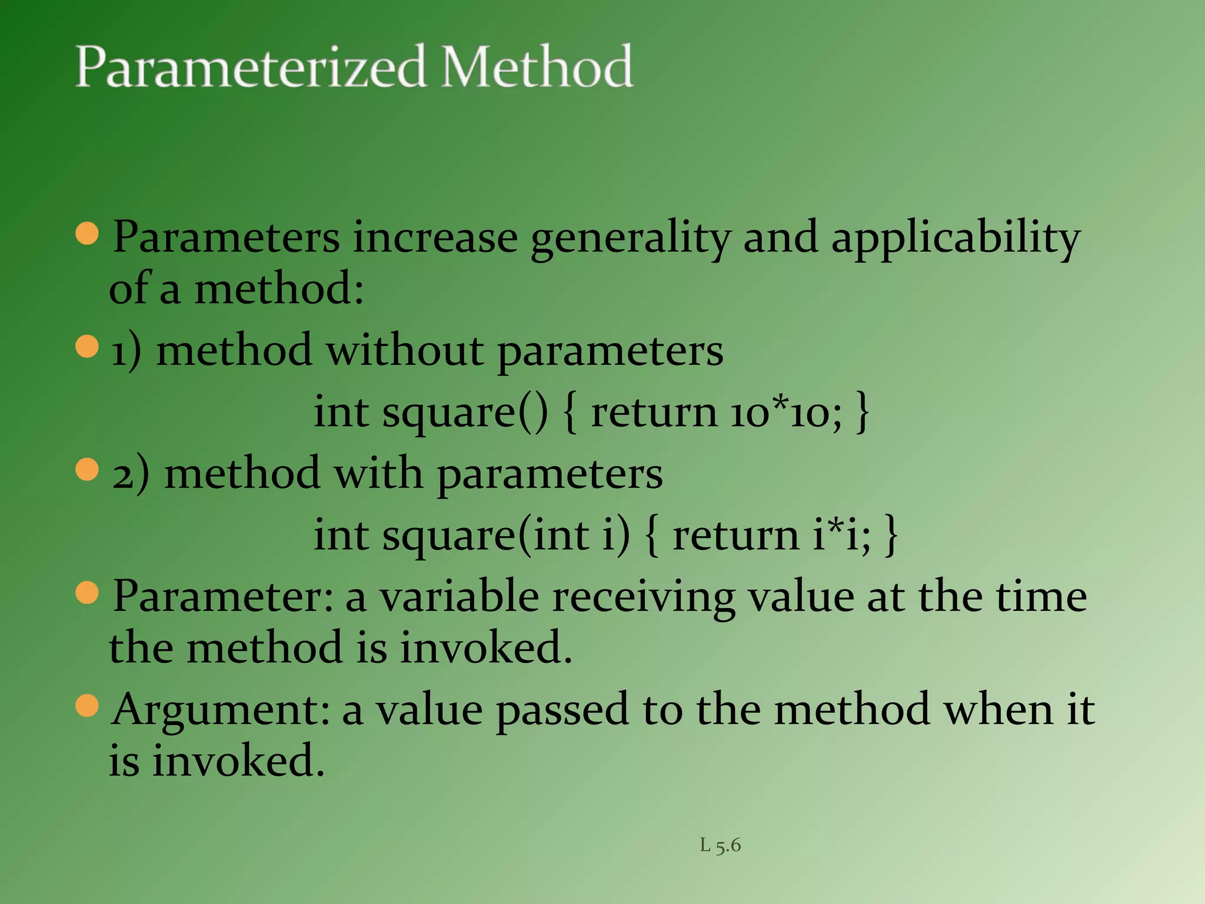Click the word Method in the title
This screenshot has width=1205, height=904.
(x=537, y=67)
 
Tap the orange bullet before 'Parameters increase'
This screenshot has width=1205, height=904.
(x=87, y=234)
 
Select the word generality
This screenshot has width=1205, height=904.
(x=630, y=238)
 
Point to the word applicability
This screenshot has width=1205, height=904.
(x=956, y=238)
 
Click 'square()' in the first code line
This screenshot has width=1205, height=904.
(x=465, y=413)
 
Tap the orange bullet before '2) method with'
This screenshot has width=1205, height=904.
(x=87, y=470)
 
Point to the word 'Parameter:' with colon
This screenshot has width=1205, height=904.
(x=223, y=597)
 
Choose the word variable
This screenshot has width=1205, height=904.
(x=459, y=597)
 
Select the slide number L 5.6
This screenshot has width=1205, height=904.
(x=720, y=845)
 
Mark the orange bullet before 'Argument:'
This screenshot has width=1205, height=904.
(x=87, y=705)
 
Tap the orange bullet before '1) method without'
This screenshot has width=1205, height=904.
(x=87, y=347)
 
